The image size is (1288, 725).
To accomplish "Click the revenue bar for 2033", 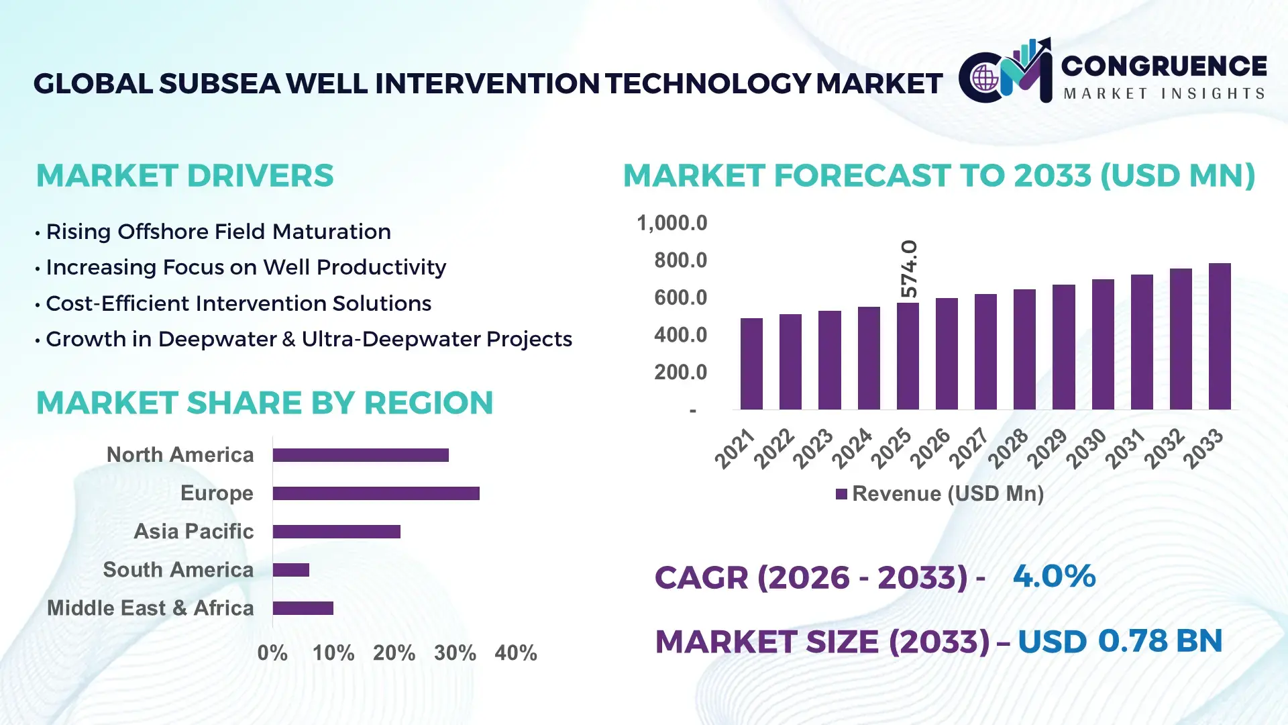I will [1219, 336].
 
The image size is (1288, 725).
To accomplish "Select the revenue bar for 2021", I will [751, 364].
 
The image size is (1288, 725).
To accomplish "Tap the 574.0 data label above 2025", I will [908, 269].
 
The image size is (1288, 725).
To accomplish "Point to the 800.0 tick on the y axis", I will [680, 260].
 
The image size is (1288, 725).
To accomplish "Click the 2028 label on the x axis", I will [1008, 448].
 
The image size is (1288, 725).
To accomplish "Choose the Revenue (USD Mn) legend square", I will [841, 494].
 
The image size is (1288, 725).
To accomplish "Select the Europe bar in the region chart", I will [376, 493].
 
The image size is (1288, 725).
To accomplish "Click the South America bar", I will [290, 570].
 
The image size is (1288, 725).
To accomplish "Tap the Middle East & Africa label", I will [150, 608].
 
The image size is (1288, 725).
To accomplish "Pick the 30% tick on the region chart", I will [455, 652].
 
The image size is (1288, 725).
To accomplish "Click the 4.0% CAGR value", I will [1054, 576].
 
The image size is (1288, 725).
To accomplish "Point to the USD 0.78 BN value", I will [1120, 641].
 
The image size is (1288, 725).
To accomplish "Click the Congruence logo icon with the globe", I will [985, 77].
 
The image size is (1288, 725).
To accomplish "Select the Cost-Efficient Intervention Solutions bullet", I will [238, 303].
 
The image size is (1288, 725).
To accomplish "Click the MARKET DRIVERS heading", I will [184, 176].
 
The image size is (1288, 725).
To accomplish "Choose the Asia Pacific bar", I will [336, 532].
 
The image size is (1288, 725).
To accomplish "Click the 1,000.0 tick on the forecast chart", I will [672, 223].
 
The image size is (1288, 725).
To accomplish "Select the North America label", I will [180, 455].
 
